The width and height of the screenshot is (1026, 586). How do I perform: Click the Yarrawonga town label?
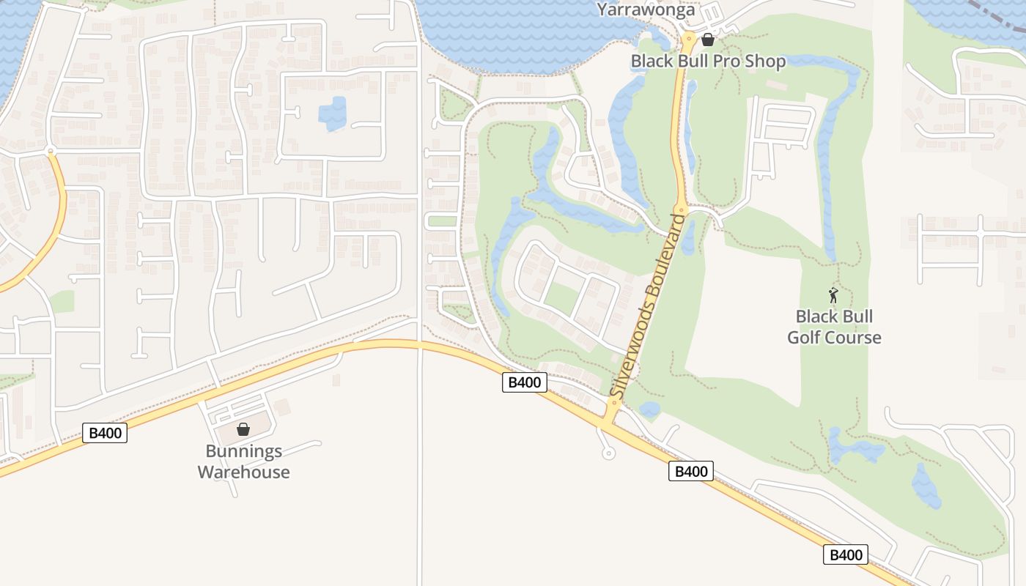[x=646, y=10]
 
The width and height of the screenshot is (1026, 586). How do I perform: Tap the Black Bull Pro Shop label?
[x=708, y=61]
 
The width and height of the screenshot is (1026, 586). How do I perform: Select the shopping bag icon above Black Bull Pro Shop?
[x=708, y=40]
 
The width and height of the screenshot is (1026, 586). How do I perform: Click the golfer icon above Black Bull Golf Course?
[x=833, y=295]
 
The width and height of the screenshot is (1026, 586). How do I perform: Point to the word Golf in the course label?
[x=807, y=338]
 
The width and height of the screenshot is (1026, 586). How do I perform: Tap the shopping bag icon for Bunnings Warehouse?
[x=243, y=429]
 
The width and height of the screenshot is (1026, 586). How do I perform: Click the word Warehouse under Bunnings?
[x=244, y=472]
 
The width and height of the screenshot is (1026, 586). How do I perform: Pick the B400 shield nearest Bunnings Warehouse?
[x=105, y=433]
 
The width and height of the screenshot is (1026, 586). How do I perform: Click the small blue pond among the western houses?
[x=333, y=114]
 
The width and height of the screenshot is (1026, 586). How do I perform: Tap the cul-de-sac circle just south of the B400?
[x=608, y=454]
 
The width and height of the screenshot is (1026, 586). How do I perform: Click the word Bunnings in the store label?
[x=244, y=451]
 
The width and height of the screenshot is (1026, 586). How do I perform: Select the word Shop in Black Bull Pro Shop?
[x=765, y=61]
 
